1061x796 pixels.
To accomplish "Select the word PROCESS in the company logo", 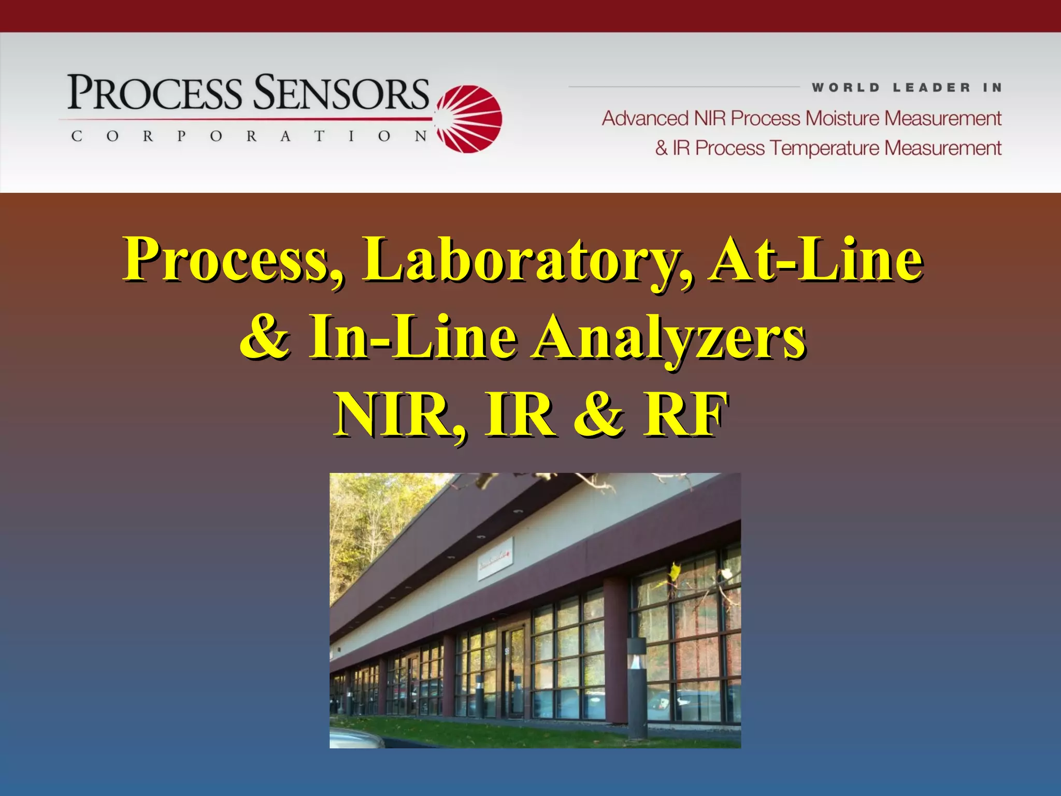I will pos(154,93).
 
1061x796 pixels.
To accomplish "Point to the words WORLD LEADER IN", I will pos(907,88).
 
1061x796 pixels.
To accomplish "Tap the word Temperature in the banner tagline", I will pos(825,148).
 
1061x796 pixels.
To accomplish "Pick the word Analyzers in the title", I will pos(668,338).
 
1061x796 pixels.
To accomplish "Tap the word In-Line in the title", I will pos(413,338).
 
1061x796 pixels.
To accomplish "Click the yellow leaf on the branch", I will pos(674,572).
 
